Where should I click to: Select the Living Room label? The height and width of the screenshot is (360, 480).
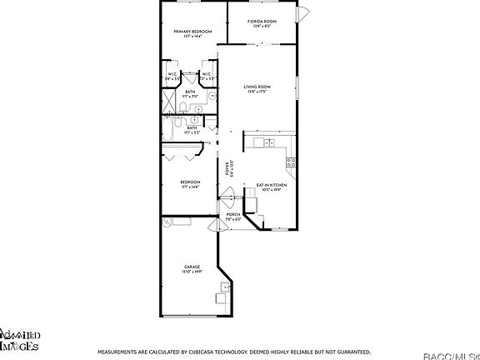255,88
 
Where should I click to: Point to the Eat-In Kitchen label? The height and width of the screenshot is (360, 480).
272,187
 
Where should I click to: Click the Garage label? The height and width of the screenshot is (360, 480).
192,269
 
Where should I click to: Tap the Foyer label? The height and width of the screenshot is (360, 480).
228,168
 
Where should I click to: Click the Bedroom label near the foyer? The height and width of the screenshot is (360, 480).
191,183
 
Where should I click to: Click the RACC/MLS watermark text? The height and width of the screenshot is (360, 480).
451,355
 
